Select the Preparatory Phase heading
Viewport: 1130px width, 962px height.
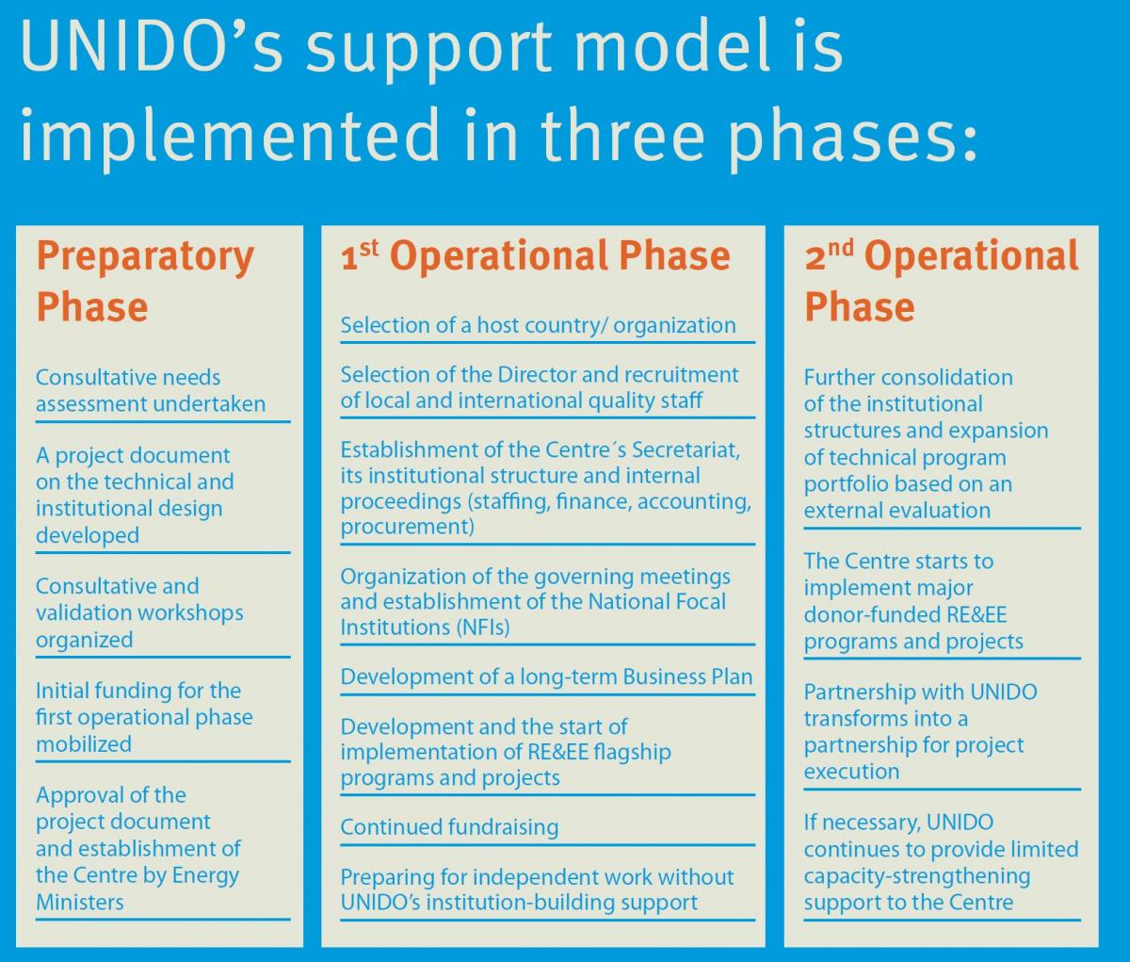pyautogui.click(x=145, y=282)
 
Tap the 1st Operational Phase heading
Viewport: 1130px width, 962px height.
pyautogui.click(x=535, y=255)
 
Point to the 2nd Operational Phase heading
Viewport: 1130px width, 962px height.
pyautogui.click(x=942, y=282)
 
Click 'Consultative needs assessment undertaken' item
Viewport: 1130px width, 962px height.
pyautogui.click(x=151, y=391)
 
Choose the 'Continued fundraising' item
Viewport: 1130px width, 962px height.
pyautogui.click(x=449, y=827)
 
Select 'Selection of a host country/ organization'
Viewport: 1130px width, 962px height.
pyautogui.click(x=539, y=325)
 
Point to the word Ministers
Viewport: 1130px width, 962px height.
pyautogui.click(x=80, y=902)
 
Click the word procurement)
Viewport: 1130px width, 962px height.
pyautogui.click(x=408, y=527)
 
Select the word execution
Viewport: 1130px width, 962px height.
pyautogui.click(x=851, y=771)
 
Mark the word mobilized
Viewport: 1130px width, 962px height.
pyautogui.click(x=84, y=743)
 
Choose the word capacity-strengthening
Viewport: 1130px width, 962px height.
pyautogui.click(x=917, y=875)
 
